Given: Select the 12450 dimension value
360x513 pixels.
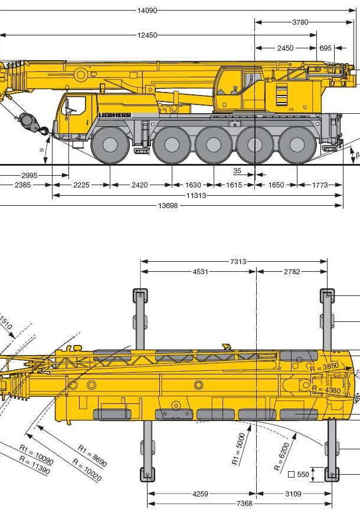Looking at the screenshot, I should pos(147,35).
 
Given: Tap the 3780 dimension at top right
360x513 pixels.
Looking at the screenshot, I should pos(300,22).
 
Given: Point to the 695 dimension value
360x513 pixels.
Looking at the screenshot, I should pos(325,48).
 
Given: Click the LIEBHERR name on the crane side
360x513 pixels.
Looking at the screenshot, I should pos(115,114).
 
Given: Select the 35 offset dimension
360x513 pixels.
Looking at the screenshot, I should pos(237,171).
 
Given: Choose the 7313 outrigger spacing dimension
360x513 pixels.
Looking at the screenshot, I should pos(238,262).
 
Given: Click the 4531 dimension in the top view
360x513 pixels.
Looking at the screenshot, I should pos(200,272).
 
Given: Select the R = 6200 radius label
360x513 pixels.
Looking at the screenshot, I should pos(282,456).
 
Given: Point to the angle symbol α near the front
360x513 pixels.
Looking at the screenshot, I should pos(42,150).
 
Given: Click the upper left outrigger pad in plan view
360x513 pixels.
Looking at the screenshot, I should pos(140,295).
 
